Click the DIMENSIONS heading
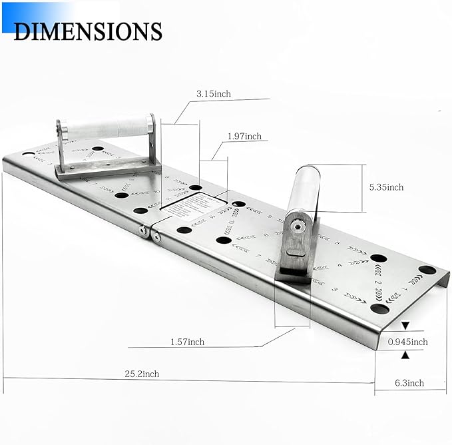click(x=87, y=31)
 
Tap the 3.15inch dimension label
click(x=213, y=94)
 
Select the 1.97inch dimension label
click(x=244, y=136)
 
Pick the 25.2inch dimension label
click(x=140, y=374)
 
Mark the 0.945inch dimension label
click(x=407, y=342)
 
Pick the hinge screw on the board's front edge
click(x=142, y=230)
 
